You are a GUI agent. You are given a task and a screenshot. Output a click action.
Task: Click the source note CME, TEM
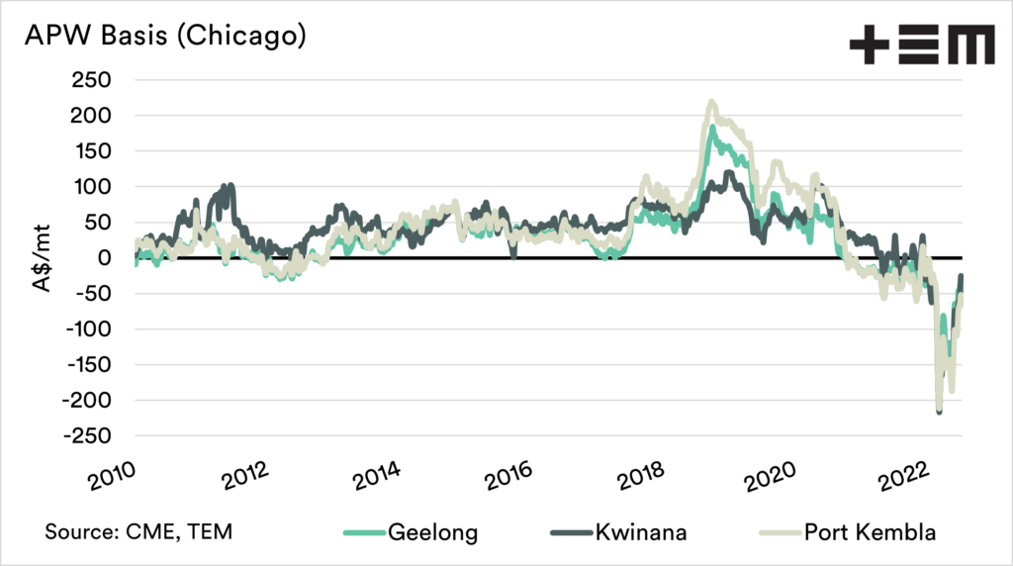point(138,531)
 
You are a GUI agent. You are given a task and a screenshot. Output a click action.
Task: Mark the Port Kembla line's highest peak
point(711,102)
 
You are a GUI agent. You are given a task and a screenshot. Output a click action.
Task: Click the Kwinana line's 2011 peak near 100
point(230,185)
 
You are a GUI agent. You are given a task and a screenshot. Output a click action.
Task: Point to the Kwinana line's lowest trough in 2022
point(939,411)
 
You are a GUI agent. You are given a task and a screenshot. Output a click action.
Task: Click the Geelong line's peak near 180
point(712,128)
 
